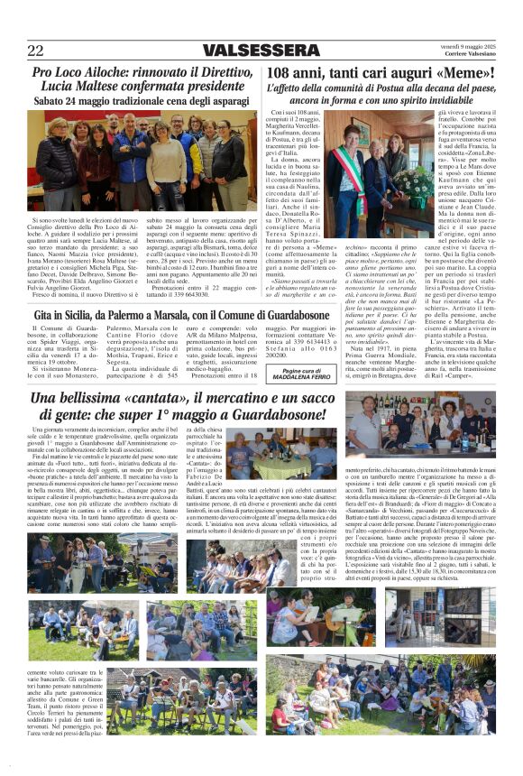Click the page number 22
(x=36, y=51)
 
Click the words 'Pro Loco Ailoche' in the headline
(x=81, y=72)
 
